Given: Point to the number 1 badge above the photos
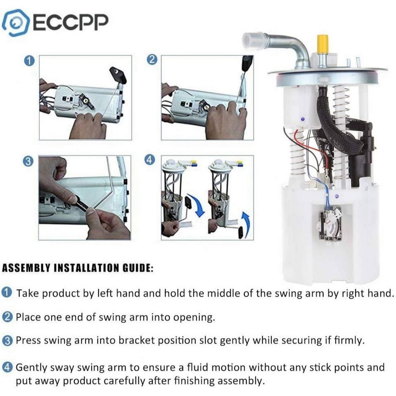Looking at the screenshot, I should [28, 61].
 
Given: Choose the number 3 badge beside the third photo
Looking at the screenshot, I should [28, 162].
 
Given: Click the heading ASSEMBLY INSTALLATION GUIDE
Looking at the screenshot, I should [78, 269].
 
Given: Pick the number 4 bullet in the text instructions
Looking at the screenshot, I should [7, 367].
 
